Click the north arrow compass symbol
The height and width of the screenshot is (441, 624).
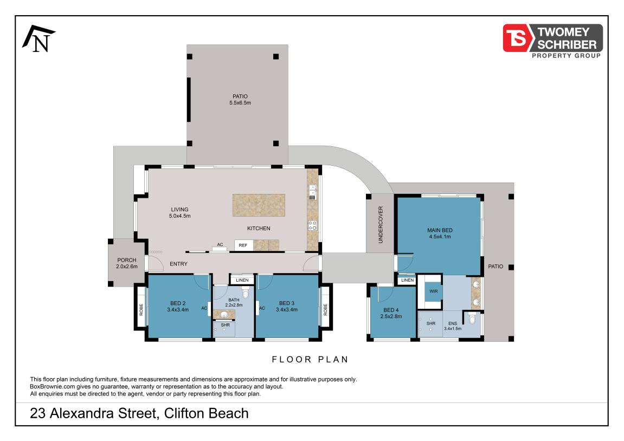tap(39, 39)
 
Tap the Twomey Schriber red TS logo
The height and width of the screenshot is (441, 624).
tap(516, 38)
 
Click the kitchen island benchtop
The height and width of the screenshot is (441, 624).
tap(259, 205)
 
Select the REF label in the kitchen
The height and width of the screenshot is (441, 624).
tap(243, 245)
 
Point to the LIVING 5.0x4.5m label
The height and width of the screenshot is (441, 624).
tap(180, 213)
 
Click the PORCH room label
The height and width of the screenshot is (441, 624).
tap(126, 260)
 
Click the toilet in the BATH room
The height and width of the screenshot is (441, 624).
tap(245, 294)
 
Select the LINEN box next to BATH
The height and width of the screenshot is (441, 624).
tap(242, 280)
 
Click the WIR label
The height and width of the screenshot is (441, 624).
tap(433, 291)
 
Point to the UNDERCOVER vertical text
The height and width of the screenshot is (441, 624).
tap(381, 225)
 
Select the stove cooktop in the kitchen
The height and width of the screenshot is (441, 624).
tap(313, 226)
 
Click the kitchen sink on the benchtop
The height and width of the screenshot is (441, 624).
tap(312, 192)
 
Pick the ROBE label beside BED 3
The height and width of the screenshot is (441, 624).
tap(325, 309)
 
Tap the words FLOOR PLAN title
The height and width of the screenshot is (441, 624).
tap(310, 360)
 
